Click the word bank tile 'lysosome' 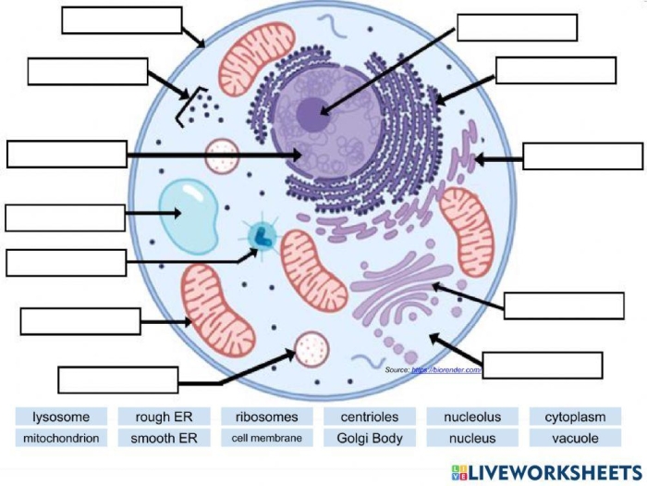59,417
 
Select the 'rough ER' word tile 165,417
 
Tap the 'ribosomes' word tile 266,417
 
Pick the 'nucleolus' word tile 471,417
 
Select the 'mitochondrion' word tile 59,439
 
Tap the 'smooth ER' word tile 165,439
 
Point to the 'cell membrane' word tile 266,439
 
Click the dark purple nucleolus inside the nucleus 312,113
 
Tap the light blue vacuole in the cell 188,214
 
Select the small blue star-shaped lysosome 262,236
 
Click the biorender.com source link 447,370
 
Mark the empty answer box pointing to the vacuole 65,218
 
